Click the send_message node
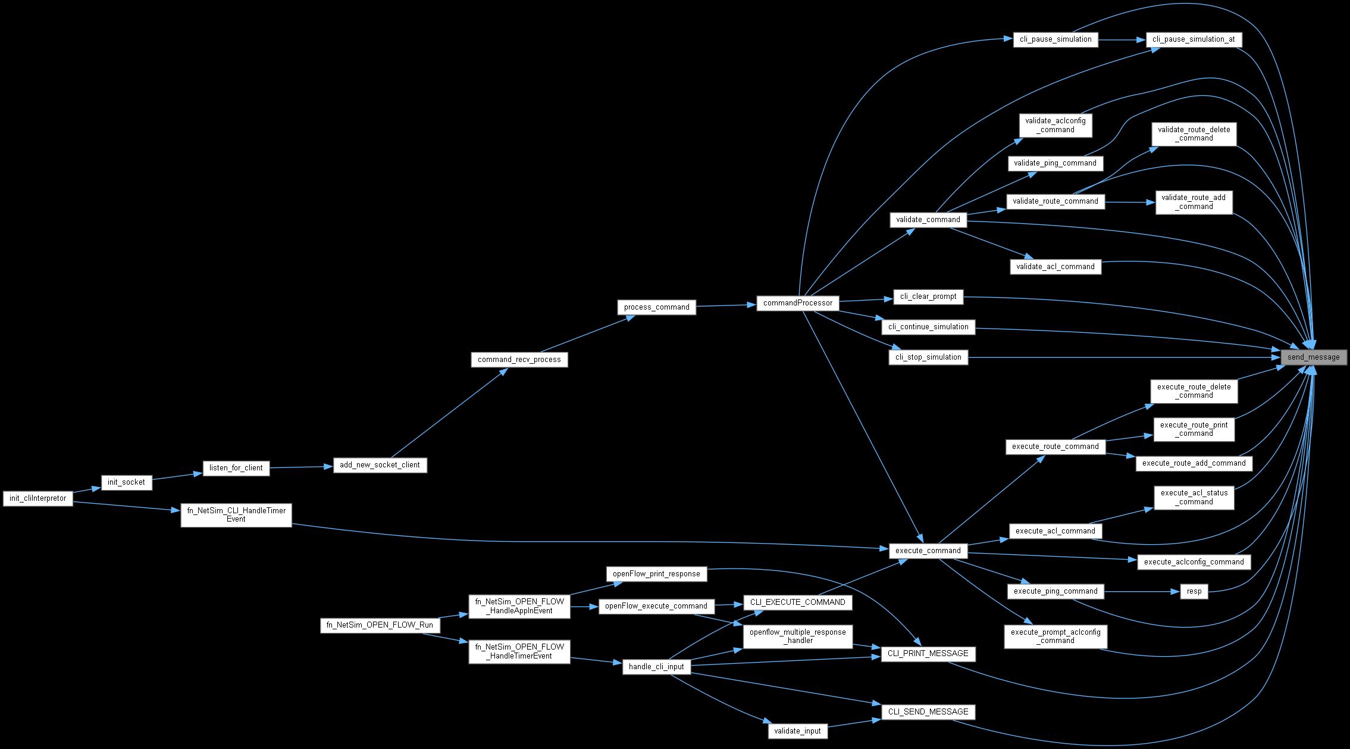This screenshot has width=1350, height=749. (1313, 357)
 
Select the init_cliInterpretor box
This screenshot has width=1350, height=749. (38, 498)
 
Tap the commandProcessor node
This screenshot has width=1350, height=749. (797, 303)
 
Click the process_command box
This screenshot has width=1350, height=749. (656, 307)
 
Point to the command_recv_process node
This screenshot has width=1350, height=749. (519, 360)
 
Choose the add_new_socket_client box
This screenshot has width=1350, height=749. (380, 465)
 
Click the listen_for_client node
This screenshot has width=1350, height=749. (236, 468)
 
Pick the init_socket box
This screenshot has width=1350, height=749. (126, 482)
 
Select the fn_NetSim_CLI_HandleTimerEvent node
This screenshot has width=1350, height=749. (236, 514)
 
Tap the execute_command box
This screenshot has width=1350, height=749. (928, 551)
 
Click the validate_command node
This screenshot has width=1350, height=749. (928, 220)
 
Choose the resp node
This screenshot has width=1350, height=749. (1194, 592)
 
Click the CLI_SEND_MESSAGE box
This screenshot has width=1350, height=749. (928, 711)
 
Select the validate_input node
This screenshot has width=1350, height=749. (797, 731)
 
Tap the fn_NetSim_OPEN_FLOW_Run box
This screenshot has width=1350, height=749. (380, 626)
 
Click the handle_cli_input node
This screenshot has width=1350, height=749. (656, 667)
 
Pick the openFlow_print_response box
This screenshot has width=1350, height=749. (656, 574)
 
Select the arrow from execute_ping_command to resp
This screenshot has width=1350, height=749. (1142, 592)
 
